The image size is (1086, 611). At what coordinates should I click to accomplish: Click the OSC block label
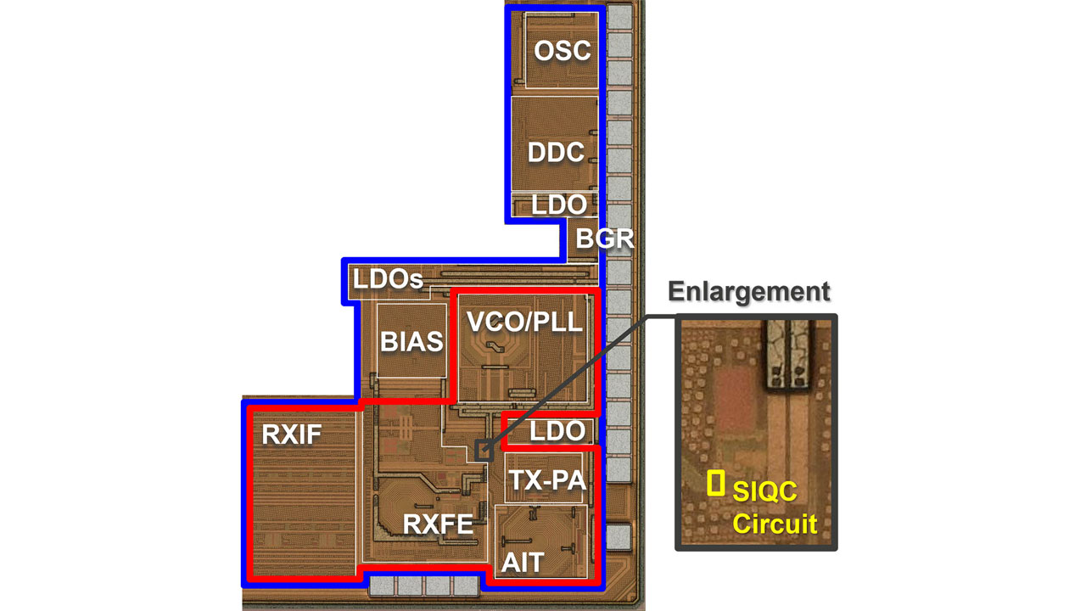click(562, 50)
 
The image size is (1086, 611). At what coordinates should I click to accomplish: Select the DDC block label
click(556, 152)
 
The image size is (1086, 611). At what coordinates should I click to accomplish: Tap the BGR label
click(605, 238)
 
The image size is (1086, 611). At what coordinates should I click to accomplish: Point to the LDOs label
click(388, 279)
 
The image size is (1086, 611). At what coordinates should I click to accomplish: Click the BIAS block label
click(411, 341)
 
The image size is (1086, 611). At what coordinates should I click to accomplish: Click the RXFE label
click(438, 524)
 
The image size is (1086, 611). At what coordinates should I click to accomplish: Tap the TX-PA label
click(547, 480)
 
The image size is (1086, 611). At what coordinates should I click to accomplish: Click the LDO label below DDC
click(558, 205)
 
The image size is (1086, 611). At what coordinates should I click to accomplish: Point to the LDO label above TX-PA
click(557, 431)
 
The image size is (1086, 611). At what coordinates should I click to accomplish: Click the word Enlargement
click(748, 291)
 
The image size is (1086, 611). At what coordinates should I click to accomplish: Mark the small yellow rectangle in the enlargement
click(716, 483)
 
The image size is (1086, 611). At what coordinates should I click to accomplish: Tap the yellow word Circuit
click(775, 523)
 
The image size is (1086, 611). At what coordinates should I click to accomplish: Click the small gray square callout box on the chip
click(484, 450)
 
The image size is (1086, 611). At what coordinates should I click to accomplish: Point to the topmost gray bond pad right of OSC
click(619, 16)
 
